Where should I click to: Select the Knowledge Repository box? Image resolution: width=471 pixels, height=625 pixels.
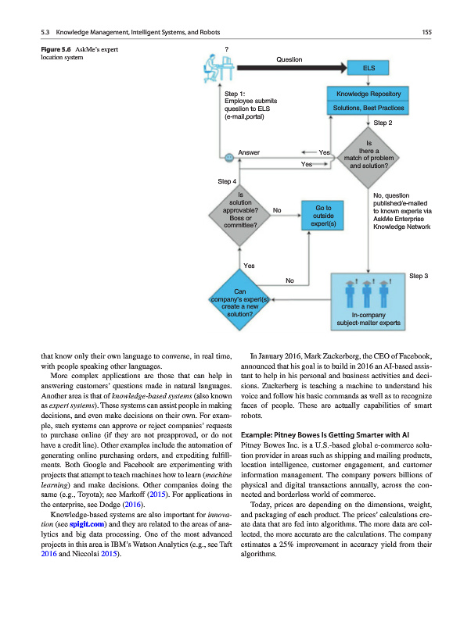tap(368, 94)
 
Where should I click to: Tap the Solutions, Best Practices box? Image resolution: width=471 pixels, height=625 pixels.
tap(368, 108)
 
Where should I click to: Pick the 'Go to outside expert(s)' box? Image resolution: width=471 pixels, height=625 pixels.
tap(323, 216)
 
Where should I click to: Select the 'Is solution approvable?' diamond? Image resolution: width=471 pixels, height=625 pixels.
tap(239, 209)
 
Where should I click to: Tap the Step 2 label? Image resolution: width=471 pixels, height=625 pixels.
tap(383, 123)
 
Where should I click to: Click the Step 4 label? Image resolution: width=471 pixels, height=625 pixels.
tap(227, 182)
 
